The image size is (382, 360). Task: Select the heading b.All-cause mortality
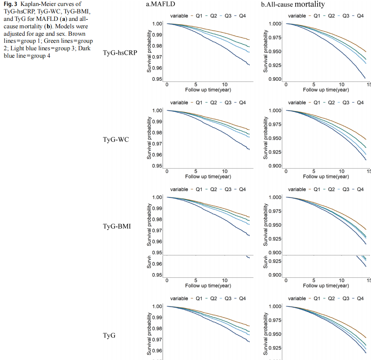coord(292,5)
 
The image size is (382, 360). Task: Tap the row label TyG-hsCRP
coord(120,53)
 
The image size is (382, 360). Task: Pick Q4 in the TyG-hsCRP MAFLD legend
coord(242,16)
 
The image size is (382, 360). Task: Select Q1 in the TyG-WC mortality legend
coord(317,103)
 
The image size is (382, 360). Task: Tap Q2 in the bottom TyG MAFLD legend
coord(214,299)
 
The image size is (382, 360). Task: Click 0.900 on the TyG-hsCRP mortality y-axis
coord(275,79)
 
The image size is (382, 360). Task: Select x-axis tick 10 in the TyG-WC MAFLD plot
coord(225,171)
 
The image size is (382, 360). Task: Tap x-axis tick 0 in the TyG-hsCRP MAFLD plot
coord(167,85)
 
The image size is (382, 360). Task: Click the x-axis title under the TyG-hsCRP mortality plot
coord(326,90)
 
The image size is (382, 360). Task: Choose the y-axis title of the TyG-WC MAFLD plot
coord(149,138)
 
